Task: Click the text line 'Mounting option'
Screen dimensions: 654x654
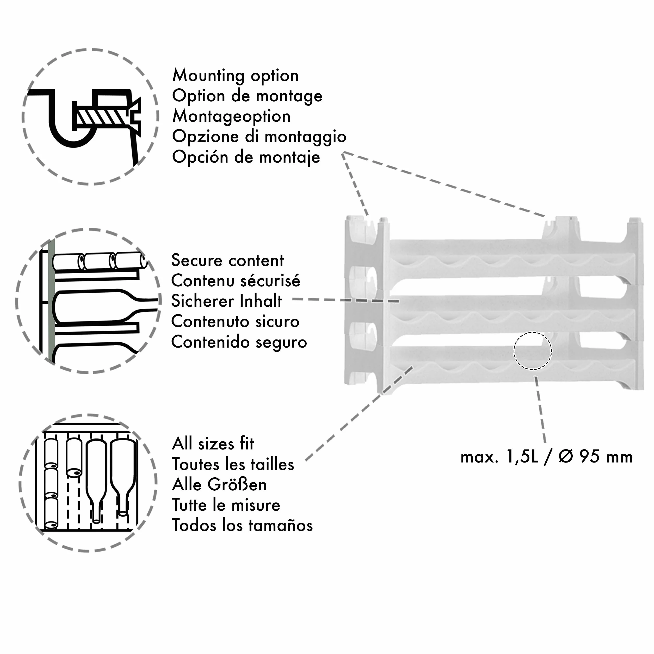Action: pyautogui.click(x=236, y=76)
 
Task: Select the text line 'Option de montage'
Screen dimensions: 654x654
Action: pyautogui.click(x=247, y=96)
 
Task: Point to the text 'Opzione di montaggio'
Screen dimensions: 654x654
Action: pyautogui.click(x=259, y=137)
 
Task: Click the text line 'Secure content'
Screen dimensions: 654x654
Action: pyautogui.click(x=227, y=260)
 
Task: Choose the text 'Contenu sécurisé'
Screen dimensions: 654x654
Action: pyautogui.click(x=236, y=281)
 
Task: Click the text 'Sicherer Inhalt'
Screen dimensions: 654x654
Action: pyautogui.click(x=226, y=301)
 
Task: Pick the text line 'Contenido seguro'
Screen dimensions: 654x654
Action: pyautogui.click(x=239, y=342)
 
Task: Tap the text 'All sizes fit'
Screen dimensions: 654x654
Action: pyautogui.click(x=213, y=444)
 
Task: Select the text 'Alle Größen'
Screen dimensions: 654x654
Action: pyautogui.click(x=219, y=484)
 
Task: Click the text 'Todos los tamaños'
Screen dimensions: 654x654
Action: pyautogui.click(x=242, y=525)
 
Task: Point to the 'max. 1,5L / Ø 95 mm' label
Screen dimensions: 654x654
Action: pyautogui.click(x=547, y=457)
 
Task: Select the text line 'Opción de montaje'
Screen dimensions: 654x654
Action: pyautogui.click(x=246, y=157)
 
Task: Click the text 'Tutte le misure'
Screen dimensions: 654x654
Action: pyautogui.click(x=226, y=505)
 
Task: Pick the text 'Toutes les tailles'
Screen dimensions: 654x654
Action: pyautogui.click(x=233, y=464)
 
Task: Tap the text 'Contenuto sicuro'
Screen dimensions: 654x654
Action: pyautogui.click(x=235, y=322)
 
